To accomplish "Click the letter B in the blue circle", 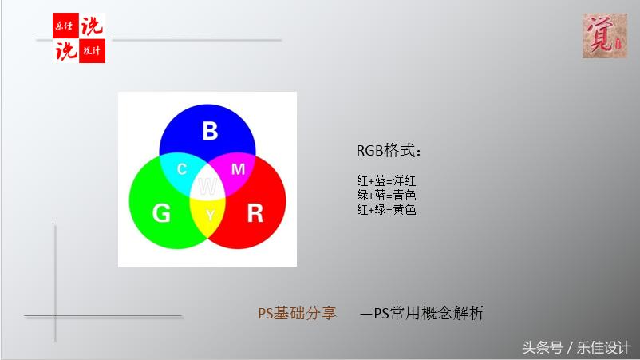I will tap(209, 131).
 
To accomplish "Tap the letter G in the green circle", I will tap(161, 213).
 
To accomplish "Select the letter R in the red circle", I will tap(255, 213).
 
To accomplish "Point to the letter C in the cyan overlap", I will tap(182, 169).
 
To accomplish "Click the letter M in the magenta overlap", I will tap(238, 169).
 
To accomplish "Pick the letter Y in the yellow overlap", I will tap(210, 216).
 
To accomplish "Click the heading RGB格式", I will tap(389, 152).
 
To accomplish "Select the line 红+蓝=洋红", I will tap(387, 181).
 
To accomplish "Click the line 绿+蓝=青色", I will tap(387, 196).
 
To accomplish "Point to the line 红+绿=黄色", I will tap(387, 209).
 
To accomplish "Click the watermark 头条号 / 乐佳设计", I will tap(576, 348).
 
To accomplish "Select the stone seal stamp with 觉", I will tap(604, 36).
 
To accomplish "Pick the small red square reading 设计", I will tap(93, 51).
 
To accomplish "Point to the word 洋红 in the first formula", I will tap(405, 181).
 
